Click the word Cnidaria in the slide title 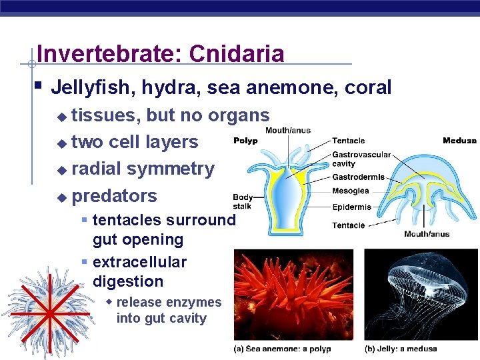237,54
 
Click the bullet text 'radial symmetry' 143,169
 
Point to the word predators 114,196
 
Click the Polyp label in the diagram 245,141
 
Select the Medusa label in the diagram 459,141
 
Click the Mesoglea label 351,191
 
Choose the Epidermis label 351,207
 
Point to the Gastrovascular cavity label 361,159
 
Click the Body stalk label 242,201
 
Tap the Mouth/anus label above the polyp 287,131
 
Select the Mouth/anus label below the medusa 427,234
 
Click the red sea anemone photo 297,293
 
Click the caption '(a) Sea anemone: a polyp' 282,349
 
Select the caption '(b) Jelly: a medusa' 401,349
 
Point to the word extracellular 139,262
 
